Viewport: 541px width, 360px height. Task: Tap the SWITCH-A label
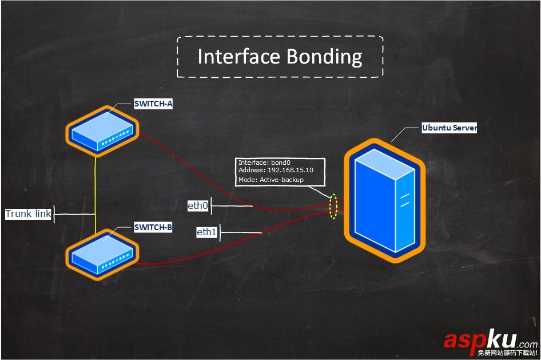[x=153, y=104]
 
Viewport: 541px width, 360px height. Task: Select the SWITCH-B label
[x=153, y=227]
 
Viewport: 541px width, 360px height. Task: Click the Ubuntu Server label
[x=449, y=128]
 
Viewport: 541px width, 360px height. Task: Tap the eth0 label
[x=198, y=205]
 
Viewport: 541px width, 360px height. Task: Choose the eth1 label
[x=206, y=232]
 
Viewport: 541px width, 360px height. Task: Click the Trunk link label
[x=28, y=214]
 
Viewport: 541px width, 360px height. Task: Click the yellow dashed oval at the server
[x=333, y=206]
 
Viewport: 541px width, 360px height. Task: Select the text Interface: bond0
[x=264, y=163]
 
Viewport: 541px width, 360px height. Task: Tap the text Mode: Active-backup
[x=270, y=180]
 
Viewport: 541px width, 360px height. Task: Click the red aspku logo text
[x=480, y=341]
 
